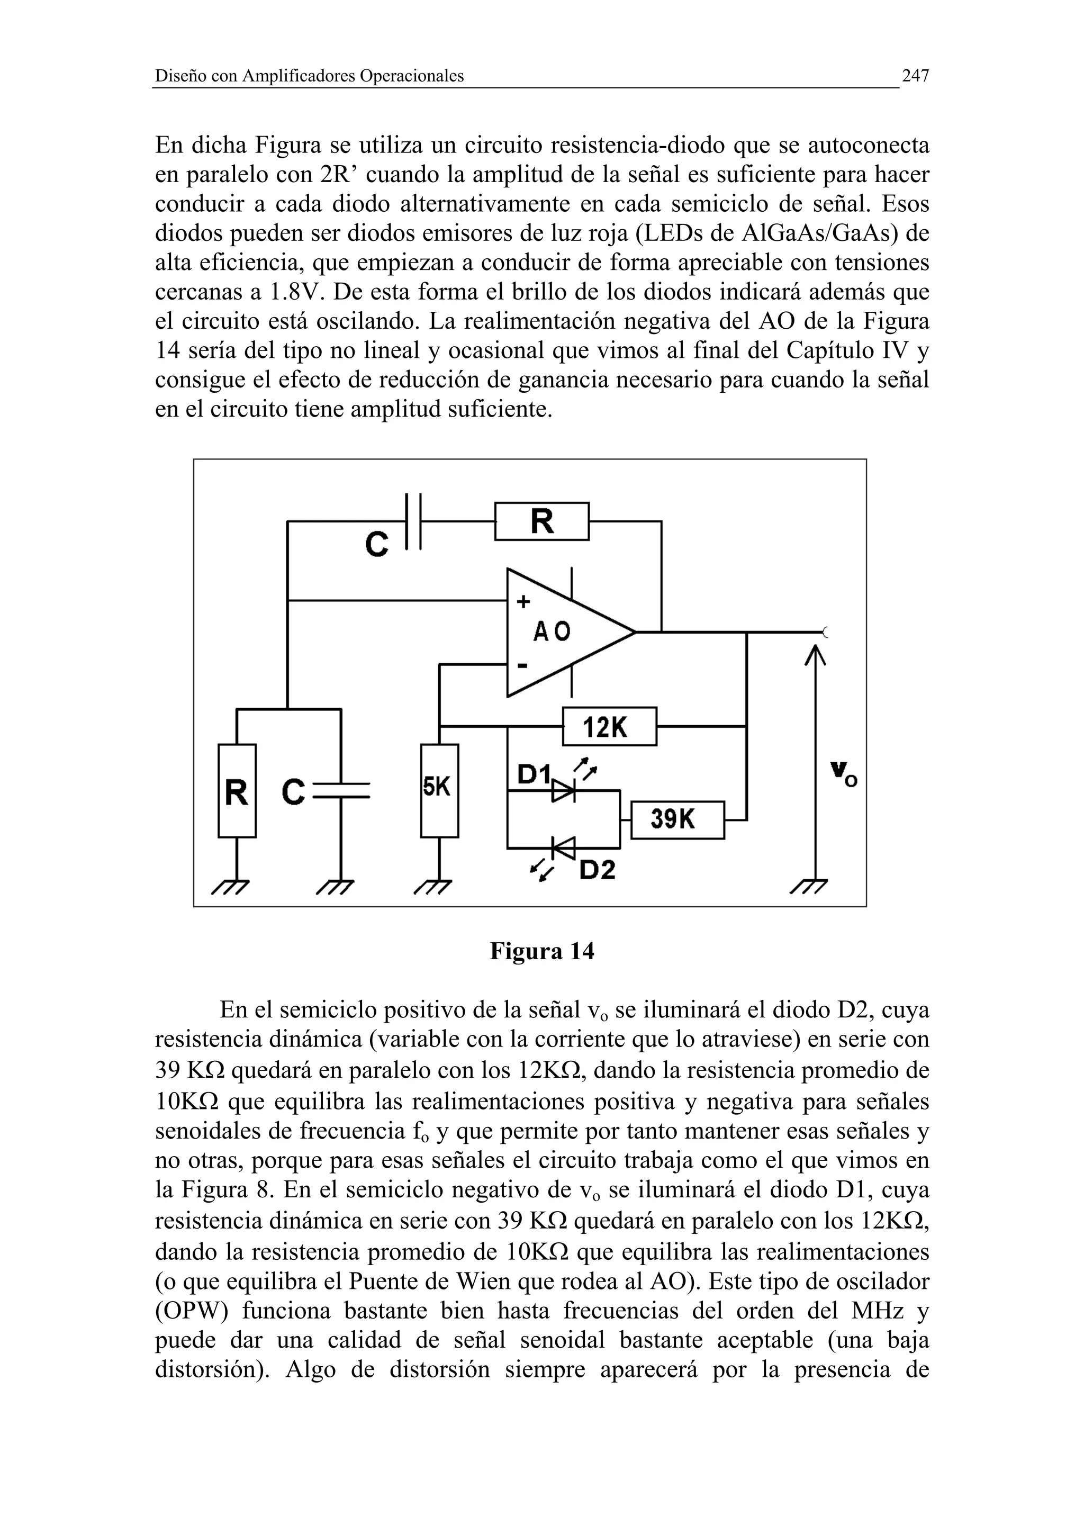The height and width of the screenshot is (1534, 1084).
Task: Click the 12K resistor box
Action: click(x=609, y=726)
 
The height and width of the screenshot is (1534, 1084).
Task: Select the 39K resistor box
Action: click(x=676, y=820)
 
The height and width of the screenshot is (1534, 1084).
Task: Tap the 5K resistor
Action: click(x=439, y=790)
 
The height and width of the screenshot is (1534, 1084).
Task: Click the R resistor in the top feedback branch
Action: click(x=541, y=521)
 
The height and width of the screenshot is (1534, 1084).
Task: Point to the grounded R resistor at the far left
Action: click(x=237, y=791)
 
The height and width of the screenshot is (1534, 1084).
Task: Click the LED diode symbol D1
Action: click(x=563, y=792)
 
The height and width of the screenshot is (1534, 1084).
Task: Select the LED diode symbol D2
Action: click(x=564, y=849)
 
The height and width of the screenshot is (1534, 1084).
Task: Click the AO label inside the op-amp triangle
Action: click(x=552, y=631)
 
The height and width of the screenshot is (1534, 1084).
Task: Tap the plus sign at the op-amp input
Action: click(x=523, y=602)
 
